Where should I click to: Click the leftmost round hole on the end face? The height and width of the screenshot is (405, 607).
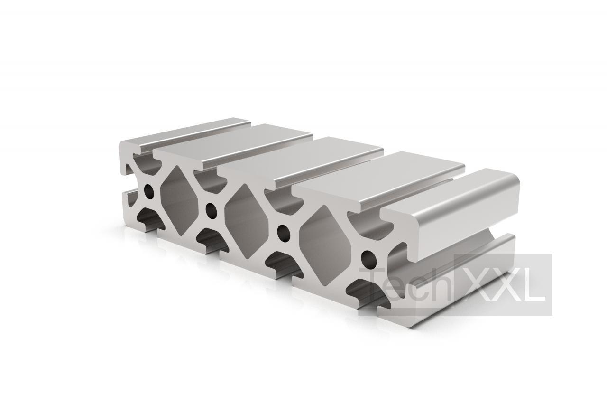pyautogui.click(x=149, y=191)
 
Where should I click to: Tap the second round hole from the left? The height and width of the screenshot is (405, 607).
pyautogui.click(x=212, y=210)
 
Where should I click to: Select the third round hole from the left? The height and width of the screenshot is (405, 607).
pyautogui.click(x=284, y=233)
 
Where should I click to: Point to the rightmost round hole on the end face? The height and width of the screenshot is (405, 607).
pyautogui.click(x=369, y=259)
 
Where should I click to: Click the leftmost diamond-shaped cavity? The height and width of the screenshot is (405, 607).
pyautogui.click(x=179, y=200)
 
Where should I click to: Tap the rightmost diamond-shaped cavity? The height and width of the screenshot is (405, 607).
pyautogui.click(x=325, y=245)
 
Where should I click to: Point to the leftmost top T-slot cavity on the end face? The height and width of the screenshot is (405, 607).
pyautogui.click(x=147, y=164)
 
